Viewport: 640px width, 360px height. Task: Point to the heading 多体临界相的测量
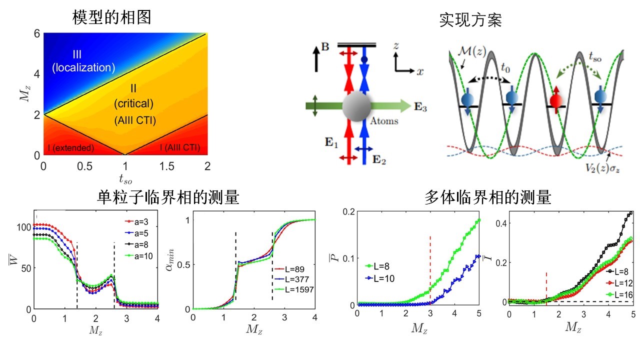[487, 198]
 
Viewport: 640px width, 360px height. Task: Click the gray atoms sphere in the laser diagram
[356, 106]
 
